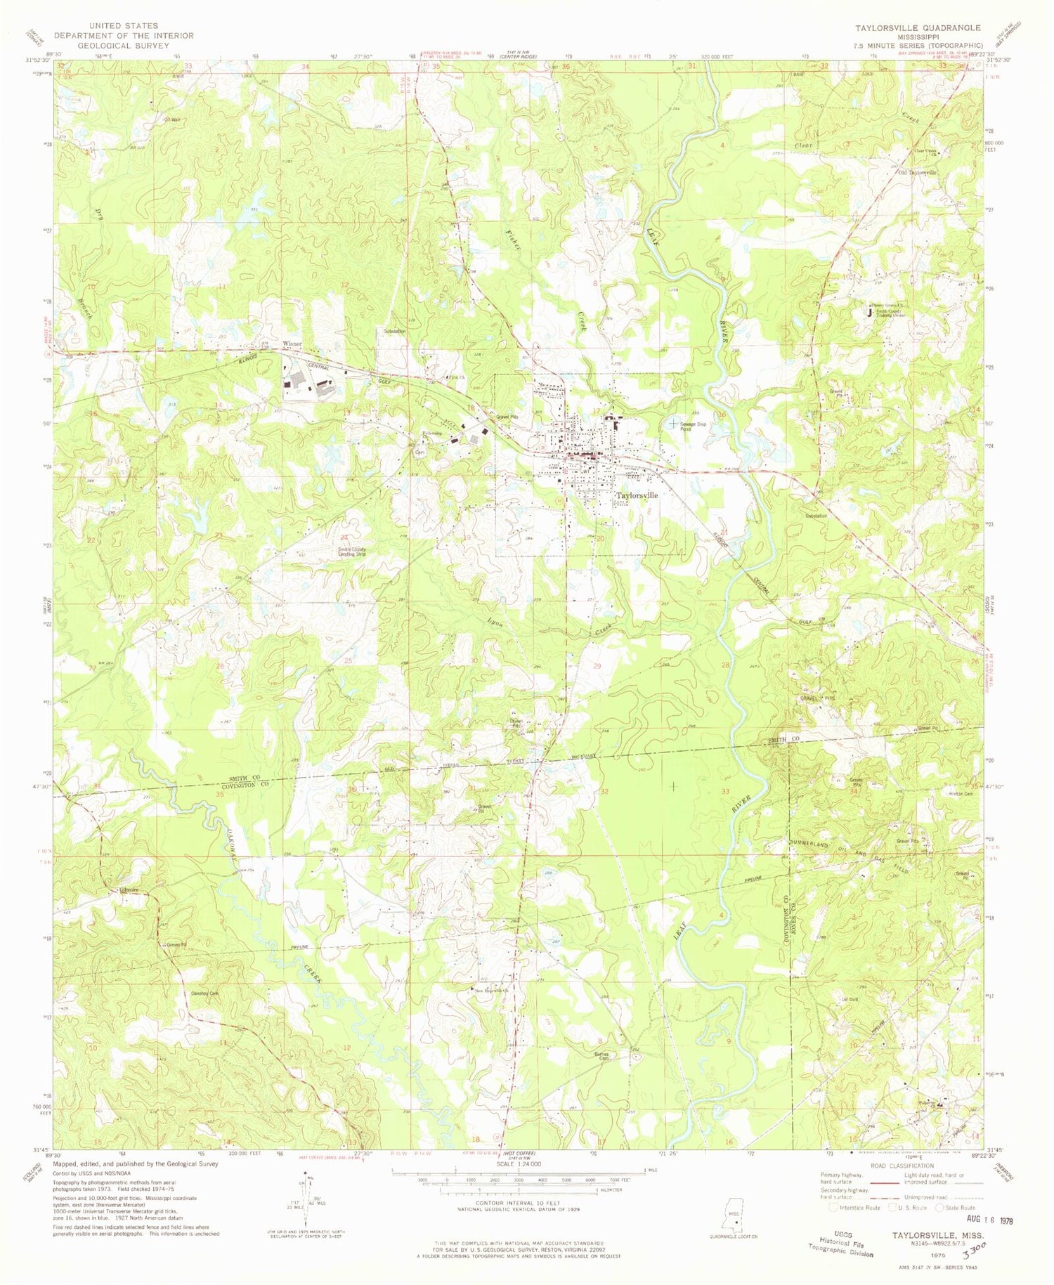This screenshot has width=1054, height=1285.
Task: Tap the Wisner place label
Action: pos(292,344)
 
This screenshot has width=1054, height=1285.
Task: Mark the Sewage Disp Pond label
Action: pos(698,426)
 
